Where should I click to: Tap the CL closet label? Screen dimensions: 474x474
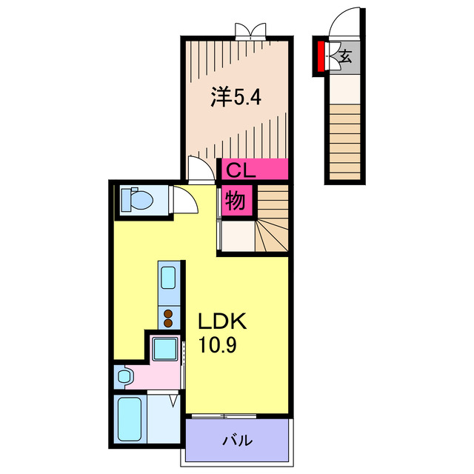pos(241,170)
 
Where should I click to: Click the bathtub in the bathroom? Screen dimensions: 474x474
pos(129,420)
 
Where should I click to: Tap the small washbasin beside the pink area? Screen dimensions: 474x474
pos(124,377)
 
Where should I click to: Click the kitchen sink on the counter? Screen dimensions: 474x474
pos(168,279)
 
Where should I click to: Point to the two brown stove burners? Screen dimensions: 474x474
pos(168,318)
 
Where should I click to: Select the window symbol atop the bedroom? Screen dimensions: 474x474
pos(250,30)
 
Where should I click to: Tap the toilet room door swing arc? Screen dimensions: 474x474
pos(183,200)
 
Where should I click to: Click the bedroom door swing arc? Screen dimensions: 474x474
pos(199,169)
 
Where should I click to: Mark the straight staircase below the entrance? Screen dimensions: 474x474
pos(347,141)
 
